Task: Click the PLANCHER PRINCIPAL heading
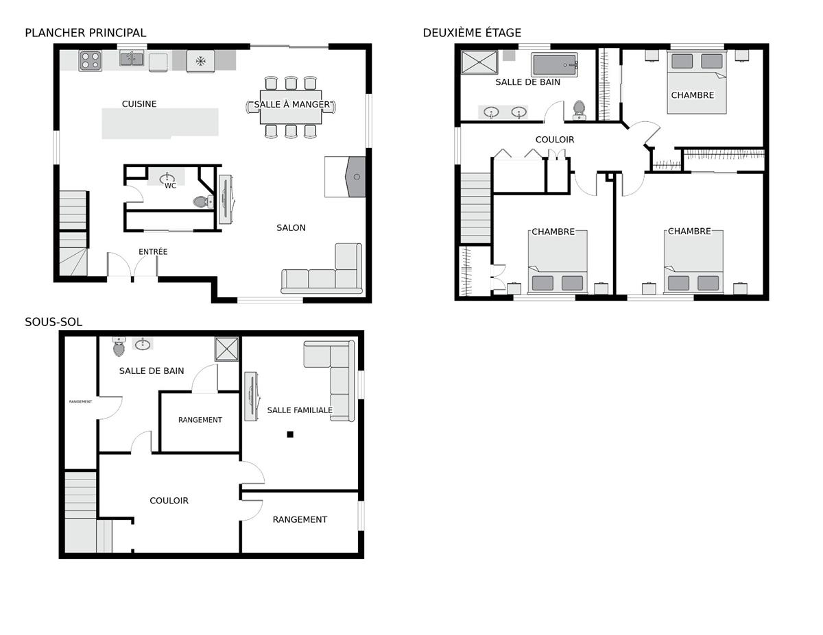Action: tap(85, 33)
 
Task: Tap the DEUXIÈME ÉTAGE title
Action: tap(472, 33)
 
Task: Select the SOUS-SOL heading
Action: tap(53, 322)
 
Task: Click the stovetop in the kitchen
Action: tap(90, 61)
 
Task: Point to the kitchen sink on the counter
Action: tap(132, 59)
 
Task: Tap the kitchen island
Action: tap(160, 123)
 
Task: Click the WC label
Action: tap(170, 186)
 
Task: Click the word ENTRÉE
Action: tap(153, 251)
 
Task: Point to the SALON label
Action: tap(291, 227)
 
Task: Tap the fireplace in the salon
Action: tap(356, 177)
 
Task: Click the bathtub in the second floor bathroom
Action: tap(554, 64)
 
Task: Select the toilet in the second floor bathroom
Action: tap(579, 110)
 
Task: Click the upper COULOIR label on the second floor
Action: tap(555, 140)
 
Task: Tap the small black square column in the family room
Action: tap(290, 434)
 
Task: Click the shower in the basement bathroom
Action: tap(227, 349)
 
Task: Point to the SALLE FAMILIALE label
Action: tap(300, 410)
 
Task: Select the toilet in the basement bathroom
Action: tap(119, 347)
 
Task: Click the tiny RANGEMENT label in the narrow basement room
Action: tap(80, 401)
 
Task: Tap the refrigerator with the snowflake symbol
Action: tap(201, 61)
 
